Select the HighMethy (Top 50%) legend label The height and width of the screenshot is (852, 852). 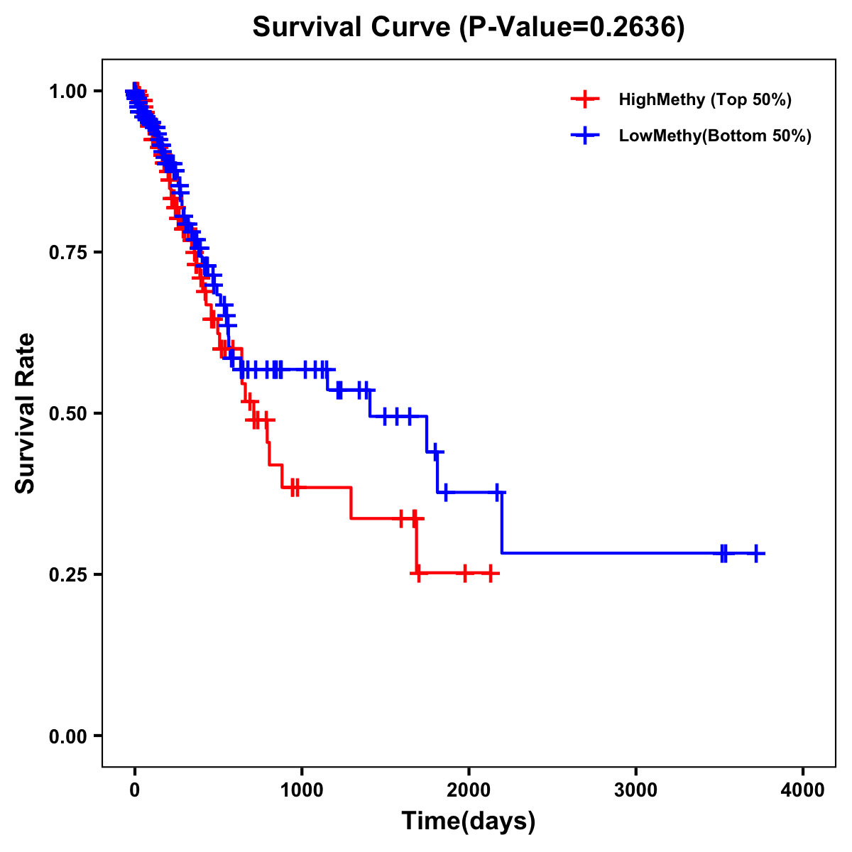click(705, 99)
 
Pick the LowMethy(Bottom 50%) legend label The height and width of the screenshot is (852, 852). click(715, 136)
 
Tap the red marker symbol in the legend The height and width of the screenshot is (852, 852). click(584, 99)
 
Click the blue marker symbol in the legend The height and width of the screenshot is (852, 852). click(584, 136)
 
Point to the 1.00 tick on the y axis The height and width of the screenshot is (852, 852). click(67, 92)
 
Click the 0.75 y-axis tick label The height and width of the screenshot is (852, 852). click(67, 253)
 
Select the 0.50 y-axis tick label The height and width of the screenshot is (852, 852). click(67, 413)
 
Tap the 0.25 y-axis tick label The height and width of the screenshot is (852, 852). click(67, 574)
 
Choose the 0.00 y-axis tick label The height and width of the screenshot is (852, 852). click(67, 736)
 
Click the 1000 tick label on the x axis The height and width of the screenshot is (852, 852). click(302, 790)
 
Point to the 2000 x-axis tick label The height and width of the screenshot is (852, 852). click(469, 790)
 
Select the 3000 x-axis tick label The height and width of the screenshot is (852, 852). click(635, 790)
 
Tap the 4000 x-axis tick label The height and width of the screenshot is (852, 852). click(803, 790)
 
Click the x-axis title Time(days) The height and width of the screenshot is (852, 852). click(469, 821)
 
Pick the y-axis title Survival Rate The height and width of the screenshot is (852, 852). click(26, 413)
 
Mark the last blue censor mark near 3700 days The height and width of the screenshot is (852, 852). click(757, 553)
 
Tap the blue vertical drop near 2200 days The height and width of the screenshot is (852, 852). click(502, 522)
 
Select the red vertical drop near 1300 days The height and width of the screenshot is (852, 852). click(351, 503)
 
